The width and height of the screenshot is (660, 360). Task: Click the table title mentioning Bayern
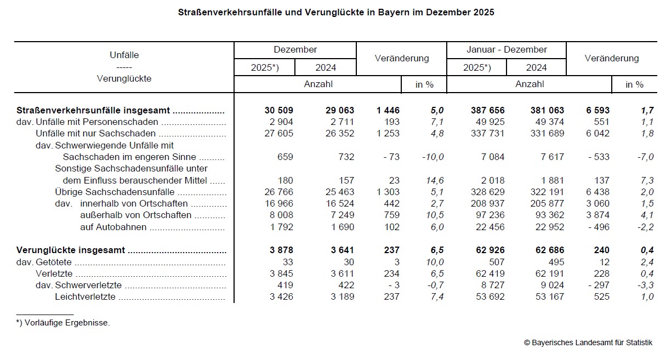coord(336,12)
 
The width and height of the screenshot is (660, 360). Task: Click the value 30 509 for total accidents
coord(278,110)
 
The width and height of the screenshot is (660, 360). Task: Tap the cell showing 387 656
coord(483,110)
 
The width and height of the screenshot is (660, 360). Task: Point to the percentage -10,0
coord(433,157)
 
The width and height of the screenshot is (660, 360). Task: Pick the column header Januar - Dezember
coord(507,49)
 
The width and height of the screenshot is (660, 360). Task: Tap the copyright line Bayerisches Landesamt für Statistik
coord(588,342)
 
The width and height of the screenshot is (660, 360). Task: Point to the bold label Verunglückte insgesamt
coord(71,250)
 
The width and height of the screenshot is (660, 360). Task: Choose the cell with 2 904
coord(282,122)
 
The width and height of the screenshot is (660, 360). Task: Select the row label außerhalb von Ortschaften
coord(135,215)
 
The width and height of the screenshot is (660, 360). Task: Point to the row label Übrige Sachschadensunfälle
coord(115,192)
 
